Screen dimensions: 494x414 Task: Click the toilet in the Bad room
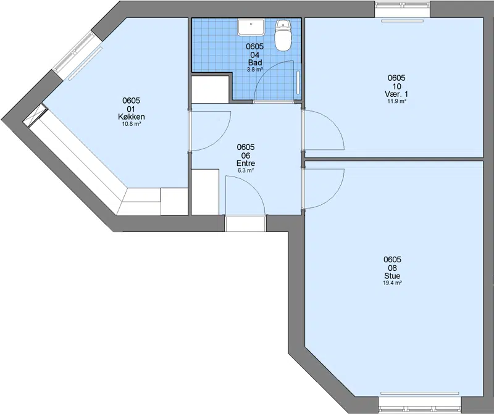[x=283, y=35]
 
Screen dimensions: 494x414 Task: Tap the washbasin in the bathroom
[x=251, y=27]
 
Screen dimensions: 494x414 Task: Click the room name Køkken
[x=132, y=117]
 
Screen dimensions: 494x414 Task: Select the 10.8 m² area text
[x=132, y=124]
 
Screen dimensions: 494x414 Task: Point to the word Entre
[x=246, y=164]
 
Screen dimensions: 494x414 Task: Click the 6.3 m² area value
[x=246, y=171]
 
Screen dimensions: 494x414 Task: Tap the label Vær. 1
[x=396, y=94]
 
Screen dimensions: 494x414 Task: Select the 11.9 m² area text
[x=396, y=101]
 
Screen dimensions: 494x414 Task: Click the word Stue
[x=392, y=276]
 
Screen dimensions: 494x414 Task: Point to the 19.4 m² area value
[x=392, y=283]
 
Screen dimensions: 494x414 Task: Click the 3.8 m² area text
[x=255, y=70]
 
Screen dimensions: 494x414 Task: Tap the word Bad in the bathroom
[x=255, y=62]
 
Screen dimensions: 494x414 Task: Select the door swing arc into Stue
[x=333, y=196]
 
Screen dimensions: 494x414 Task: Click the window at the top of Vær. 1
[x=403, y=9]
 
